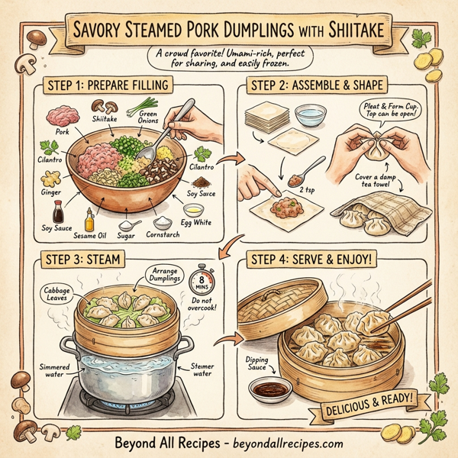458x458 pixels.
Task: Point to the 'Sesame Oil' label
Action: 89,235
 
